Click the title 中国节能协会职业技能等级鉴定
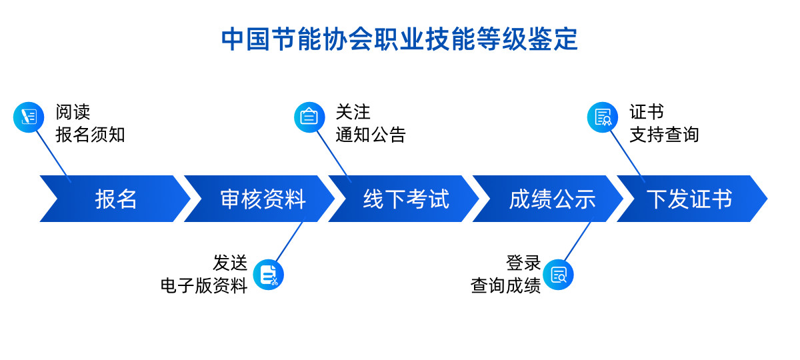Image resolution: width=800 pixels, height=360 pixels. pyautogui.click(x=399, y=39)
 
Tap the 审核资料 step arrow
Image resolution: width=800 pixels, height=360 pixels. pyautogui.click(x=263, y=199)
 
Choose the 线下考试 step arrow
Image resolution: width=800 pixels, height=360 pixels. pyautogui.click(x=406, y=199)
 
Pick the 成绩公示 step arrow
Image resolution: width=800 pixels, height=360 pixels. pyautogui.click(x=551, y=199)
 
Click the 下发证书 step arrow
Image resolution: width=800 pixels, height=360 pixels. pyautogui.click(x=690, y=199)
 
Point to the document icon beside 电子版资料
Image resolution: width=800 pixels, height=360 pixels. pyautogui.click(x=269, y=274)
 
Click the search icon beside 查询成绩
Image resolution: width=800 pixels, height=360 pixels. pyautogui.click(x=558, y=274)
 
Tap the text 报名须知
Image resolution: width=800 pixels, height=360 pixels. pyautogui.click(x=91, y=135)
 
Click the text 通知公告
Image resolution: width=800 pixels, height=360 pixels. pyautogui.click(x=371, y=135)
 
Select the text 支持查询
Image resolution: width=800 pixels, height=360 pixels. pyautogui.click(x=664, y=135)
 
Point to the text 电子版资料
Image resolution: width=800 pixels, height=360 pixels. pyautogui.click(x=204, y=285)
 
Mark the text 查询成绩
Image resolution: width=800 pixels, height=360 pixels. pyautogui.click(x=505, y=285)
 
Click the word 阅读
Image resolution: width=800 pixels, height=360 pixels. pyautogui.click(x=73, y=112)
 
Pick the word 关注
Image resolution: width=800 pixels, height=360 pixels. pyautogui.click(x=353, y=112)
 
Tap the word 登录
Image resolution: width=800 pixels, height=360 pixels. pyautogui.click(x=523, y=263)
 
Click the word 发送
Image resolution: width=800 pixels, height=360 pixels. pyautogui.click(x=230, y=263)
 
